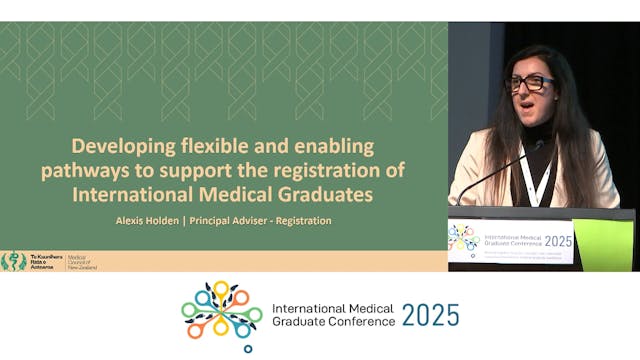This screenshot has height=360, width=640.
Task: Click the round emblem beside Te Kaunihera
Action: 14,260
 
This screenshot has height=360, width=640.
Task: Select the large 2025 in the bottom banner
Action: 431,315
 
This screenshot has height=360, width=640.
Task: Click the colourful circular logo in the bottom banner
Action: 221,315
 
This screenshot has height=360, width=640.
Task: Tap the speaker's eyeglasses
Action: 531,84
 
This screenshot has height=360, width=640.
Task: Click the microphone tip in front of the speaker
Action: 539,145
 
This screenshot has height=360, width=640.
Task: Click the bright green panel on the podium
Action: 603,244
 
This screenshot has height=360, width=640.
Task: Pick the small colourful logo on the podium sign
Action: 464,238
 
